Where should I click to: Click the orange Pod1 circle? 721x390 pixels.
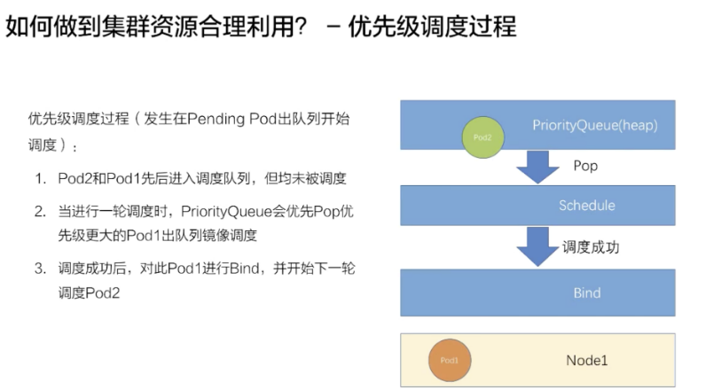tap(450, 361)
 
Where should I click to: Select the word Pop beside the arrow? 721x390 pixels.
tap(585, 166)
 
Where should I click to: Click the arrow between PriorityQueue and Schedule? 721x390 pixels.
tap(537, 167)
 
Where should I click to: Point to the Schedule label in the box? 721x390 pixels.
tap(586, 206)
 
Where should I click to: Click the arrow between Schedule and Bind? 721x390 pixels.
tap(537, 247)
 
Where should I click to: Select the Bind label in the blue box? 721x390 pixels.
tap(586, 292)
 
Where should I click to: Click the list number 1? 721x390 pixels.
tap(40, 179)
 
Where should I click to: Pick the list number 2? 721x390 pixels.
tap(40, 212)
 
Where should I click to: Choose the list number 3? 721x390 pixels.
tap(40, 268)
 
